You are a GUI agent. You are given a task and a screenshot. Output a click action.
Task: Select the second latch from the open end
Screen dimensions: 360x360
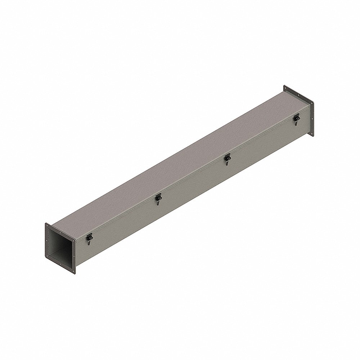[158, 198]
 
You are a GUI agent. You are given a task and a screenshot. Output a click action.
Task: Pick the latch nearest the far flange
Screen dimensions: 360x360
[296, 118]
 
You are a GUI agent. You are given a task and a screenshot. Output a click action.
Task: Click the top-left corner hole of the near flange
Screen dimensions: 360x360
[47, 225]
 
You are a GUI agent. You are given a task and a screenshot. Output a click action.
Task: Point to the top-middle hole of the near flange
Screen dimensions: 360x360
[60, 233]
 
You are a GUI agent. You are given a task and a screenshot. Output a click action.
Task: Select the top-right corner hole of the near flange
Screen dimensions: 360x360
[73, 241]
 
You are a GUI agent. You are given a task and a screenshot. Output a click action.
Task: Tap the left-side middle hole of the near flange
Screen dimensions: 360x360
[47, 240]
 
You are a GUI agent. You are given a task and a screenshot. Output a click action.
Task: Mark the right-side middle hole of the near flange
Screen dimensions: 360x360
[74, 256]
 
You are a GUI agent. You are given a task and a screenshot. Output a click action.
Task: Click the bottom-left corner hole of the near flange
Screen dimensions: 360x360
[47, 256]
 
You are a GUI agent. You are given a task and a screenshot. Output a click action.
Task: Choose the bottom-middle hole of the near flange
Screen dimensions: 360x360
[60, 264]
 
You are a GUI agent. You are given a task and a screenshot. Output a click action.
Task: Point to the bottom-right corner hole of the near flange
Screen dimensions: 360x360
[73, 271]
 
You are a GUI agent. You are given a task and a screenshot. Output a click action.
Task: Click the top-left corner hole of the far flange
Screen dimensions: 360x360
[285, 88]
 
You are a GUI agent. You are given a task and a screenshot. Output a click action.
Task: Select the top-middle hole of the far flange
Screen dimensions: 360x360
[298, 95]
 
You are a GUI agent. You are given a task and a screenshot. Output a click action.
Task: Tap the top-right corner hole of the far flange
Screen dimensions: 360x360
[312, 103]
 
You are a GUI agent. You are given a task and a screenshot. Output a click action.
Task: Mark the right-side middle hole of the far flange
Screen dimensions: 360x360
[312, 118]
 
